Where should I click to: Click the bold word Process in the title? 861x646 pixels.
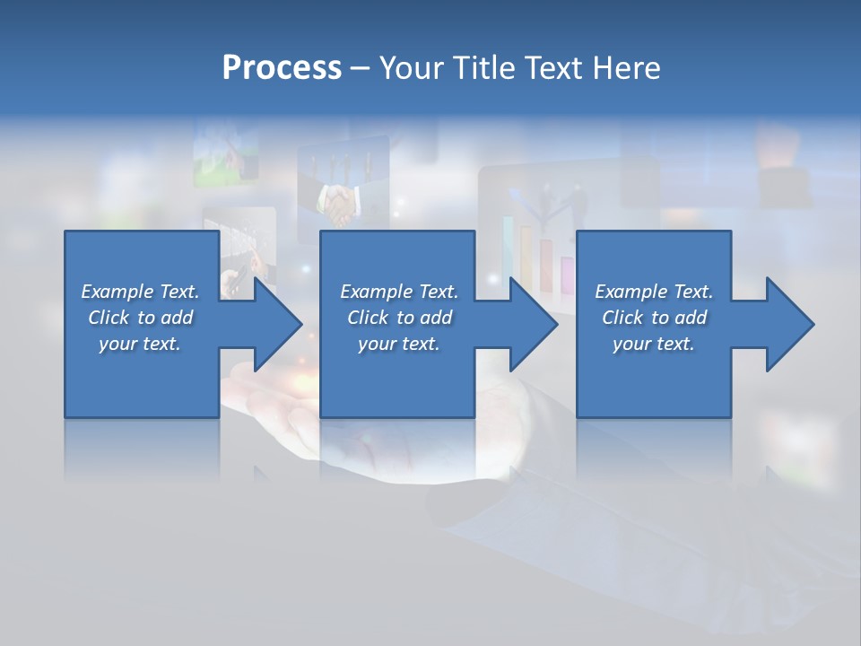tap(282, 68)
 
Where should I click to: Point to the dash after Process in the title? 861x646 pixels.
tap(360, 69)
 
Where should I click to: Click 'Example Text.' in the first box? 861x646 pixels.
tap(141, 292)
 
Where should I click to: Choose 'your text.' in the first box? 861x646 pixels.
tap(141, 344)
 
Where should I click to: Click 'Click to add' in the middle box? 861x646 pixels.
tap(399, 318)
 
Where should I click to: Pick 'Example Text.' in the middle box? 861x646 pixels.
tap(399, 292)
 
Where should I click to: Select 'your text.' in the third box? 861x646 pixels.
tap(654, 344)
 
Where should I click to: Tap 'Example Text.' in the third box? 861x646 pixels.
tap(654, 292)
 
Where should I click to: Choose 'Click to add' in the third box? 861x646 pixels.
tap(654, 318)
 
